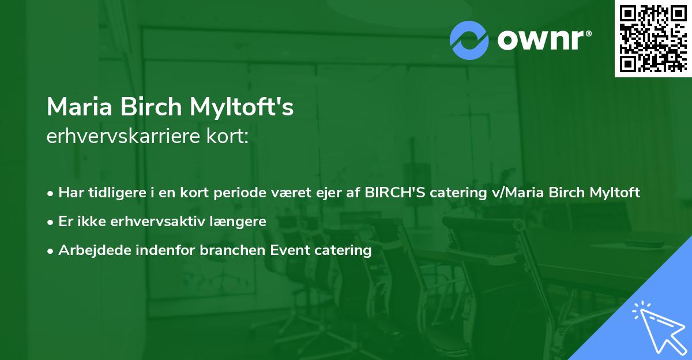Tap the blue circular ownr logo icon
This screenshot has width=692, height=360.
point(469,40)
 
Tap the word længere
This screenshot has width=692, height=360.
point(238,221)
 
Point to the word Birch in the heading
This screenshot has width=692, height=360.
point(152,107)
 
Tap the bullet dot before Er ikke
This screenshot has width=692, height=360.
point(51,222)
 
